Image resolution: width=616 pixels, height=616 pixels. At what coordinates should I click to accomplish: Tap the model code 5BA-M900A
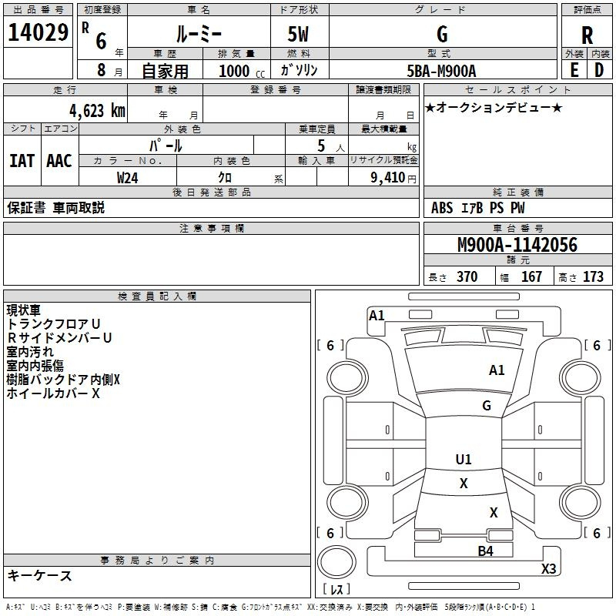[441, 71]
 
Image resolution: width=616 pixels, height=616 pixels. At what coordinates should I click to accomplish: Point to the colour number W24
[128, 177]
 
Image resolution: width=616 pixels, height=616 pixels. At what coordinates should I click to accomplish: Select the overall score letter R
[588, 35]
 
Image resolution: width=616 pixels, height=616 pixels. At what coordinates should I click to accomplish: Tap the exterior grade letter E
[574, 70]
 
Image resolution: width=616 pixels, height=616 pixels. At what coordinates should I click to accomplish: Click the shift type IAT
[22, 160]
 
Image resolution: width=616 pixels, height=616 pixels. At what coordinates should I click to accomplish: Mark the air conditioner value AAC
[59, 160]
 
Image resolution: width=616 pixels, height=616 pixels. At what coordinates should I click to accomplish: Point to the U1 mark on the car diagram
[463, 460]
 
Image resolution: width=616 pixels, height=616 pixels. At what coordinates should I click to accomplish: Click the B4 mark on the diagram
[485, 551]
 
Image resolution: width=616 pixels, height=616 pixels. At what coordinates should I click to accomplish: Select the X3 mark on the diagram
[548, 569]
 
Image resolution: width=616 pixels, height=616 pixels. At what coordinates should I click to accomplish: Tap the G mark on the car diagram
[487, 406]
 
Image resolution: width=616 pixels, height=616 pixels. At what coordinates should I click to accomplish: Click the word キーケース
[40, 576]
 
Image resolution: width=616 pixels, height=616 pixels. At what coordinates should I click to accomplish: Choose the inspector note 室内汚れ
[31, 352]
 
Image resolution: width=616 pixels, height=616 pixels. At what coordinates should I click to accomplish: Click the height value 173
[593, 277]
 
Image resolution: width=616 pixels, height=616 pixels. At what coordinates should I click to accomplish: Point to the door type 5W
[300, 35]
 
